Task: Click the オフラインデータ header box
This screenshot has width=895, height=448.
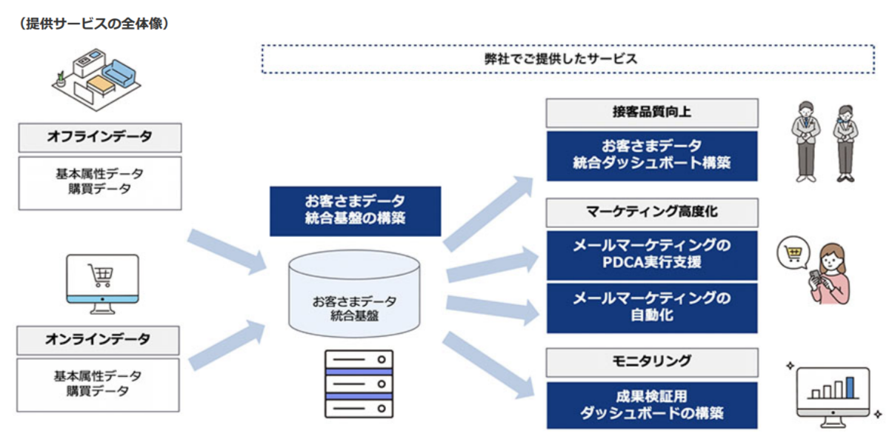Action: pyautogui.click(x=99, y=137)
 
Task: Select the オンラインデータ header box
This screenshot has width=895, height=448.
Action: pyautogui.click(x=99, y=340)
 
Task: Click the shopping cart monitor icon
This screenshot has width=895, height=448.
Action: pyautogui.click(x=102, y=281)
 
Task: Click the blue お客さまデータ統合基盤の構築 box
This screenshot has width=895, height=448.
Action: pyautogui.click(x=355, y=210)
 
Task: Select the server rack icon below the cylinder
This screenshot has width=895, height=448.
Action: pyautogui.click(x=359, y=384)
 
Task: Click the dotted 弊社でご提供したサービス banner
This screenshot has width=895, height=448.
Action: pyautogui.click(x=567, y=59)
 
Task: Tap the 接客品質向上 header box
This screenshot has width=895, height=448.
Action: pyautogui.click(x=652, y=113)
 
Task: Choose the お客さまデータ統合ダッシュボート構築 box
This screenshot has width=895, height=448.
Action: pyautogui.click(x=652, y=156)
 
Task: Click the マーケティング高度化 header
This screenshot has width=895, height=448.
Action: pyautogui.click(x=652, y=212)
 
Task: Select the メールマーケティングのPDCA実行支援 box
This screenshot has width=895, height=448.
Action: pyautogui.click(x=652, y=254)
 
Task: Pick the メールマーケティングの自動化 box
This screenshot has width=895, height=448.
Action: pyautogui.click(x=652, y=307)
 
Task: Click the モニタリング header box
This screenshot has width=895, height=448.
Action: pyautogui.click(x=652, y=362)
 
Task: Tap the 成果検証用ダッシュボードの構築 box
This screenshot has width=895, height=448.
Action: pyautogui.click(x=652, y=404)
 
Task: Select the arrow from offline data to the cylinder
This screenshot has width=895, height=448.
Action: pyautogui.click(x=226, y=250)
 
